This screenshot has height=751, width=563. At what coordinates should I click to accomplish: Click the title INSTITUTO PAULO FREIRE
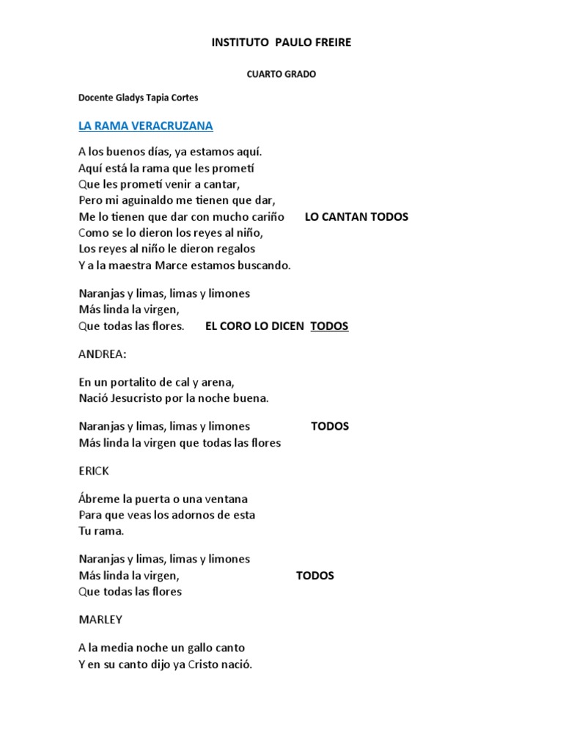[x=281, y=43]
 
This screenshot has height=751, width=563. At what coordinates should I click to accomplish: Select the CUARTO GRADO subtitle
[x=281, y=74]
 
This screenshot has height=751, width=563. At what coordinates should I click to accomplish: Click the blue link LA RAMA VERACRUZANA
[x=145, y=126]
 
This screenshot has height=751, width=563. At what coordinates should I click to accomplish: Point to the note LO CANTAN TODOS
[x=356, y=217]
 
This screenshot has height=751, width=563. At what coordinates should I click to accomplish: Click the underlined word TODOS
[x=329, y=326]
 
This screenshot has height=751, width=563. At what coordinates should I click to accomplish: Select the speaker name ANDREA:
[x=102, y=354]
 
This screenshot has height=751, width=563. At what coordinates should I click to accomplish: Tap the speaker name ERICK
[x=94, y=471]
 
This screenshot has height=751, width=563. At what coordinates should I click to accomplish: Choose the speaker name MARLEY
[x=100, y=620]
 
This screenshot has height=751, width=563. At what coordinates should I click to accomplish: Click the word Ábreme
[x=97, y=499]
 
